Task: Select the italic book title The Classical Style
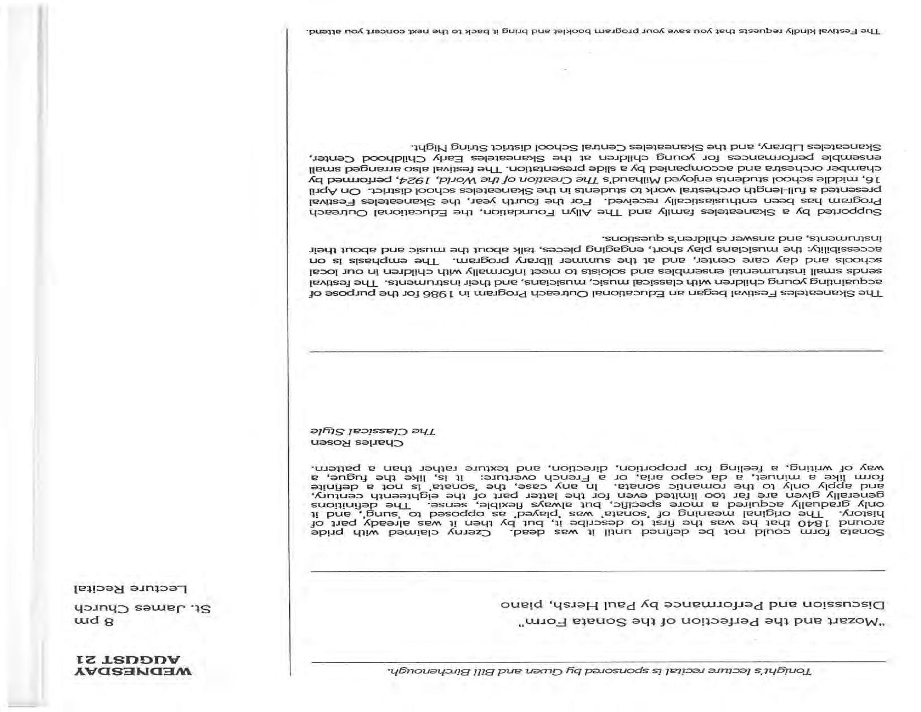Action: click(373, 431)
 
